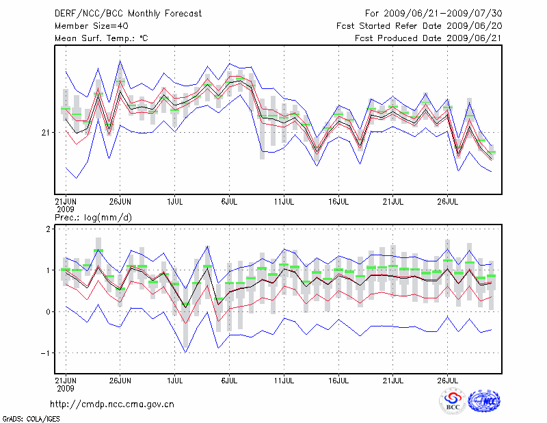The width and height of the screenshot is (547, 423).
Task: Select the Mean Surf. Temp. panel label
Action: pyautogui.click(x=101, y=38)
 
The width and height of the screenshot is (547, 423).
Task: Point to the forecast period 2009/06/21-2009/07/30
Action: pyautogui.click(x=433, y=14)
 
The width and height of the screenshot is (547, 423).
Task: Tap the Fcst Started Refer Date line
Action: pyautogui.click(x=419, y=26)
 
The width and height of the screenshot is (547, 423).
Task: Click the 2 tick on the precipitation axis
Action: pyautogui.click(x=48, y=229)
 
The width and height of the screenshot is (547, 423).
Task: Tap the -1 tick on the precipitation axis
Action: pyautogui.click(x=46, y=353)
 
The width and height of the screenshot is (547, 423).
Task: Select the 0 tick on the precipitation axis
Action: pyautogui.click(x=48, y=312)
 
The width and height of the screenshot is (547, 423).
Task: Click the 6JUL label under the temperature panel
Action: pyautogui.click(x=230, y=202)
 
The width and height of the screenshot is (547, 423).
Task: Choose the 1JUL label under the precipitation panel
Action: pyautogui.click(x=175, y=379)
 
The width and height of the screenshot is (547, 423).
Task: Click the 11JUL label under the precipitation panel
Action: pyautogui.click(x=284, y=379)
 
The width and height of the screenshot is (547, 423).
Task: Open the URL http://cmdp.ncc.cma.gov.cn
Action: pyautogui.click(x=112, y=404)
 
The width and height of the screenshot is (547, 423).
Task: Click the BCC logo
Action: pyautogui.click(x=453, y=402)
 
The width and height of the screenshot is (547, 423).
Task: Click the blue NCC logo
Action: pyautogui.click(x=484, y=401)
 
